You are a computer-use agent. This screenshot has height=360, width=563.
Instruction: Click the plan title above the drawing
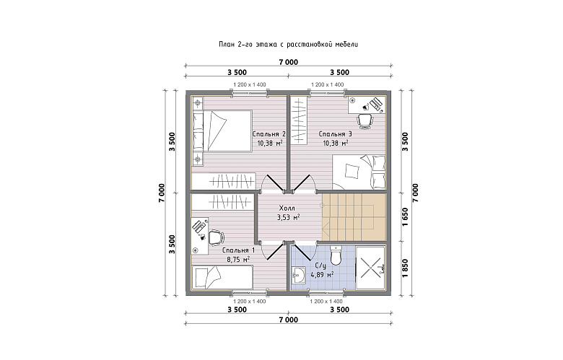click(x=288, y=45)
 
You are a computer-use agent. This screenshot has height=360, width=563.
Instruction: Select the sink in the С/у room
click(x=298, y=276)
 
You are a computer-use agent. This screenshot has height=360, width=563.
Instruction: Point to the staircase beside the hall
click(x=354, y=217)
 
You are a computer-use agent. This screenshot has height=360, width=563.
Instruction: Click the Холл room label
click(x=287, y=208)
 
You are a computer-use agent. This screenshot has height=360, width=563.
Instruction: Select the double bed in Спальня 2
click(x=222, y=131)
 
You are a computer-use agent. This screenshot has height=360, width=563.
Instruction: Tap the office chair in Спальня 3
click(x=365, y=120)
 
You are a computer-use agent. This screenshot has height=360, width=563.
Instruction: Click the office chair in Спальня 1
click(x=215, y=237)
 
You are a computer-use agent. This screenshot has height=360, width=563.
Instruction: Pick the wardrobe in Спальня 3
click(x=299, y=120)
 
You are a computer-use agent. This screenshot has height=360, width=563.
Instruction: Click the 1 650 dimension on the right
click(x=405, y=217)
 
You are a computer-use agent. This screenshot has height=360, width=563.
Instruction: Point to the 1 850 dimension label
click(x=405, y=268)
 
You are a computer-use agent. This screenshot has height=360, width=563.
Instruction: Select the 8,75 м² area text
click(x=238, y=259)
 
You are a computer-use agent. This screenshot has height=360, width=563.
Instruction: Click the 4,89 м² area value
click(x=322, y=275)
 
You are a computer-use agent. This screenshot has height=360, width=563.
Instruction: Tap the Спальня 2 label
click(x=269, y=134)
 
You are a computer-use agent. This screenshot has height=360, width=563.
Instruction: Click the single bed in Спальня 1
click(x=222, y=277)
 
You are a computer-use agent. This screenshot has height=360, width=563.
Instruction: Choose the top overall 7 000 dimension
click(x=288, y=62)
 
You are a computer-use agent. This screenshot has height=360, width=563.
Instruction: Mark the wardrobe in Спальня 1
click(x=223, y=202)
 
